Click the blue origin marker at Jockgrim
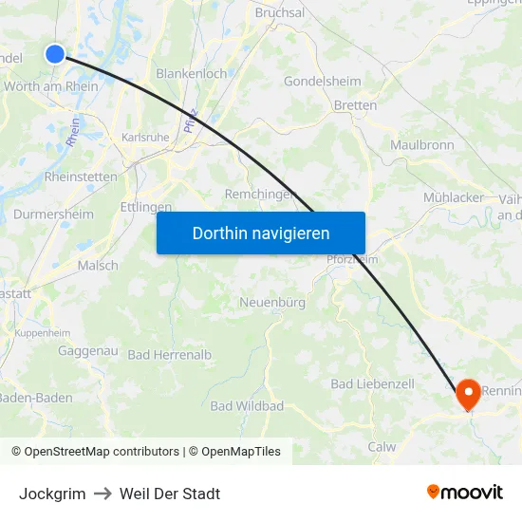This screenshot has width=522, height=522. [x=55, y=54]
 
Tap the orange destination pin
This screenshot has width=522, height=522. [x=469, y=394]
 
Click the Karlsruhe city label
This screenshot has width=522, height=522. [x=145, y=137]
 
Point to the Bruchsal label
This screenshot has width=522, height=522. [x=280, y=13]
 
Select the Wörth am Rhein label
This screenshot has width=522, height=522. [x=51, y=86]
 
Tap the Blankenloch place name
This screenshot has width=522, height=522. [x=191, y=73]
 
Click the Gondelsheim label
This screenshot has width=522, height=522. [x=323, y=82]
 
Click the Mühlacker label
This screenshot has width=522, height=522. [x=454, y=197]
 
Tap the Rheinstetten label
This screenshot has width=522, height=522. [x=81, y=177]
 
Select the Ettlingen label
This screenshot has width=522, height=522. [x=146, y=206]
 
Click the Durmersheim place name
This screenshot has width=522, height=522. [x=54, y=214]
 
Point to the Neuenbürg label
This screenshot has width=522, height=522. [x=272, y=302]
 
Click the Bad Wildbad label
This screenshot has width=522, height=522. [x=247, y=406]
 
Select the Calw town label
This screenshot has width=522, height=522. [x=382, y=447]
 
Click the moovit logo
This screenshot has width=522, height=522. [x=464, y=493]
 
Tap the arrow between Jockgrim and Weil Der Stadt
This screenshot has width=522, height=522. [x=103, y=494]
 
